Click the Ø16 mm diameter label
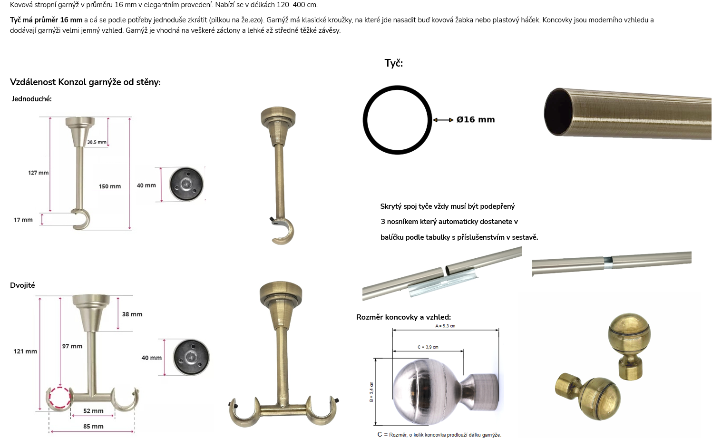476,119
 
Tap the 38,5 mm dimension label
97,142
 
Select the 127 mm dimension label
39,173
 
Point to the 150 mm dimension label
110,186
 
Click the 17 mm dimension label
23,220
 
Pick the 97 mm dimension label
72,346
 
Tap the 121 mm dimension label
25,351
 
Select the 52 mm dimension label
93,411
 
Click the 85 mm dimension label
93,427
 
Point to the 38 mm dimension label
132,314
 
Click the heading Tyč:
393,63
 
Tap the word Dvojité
22,285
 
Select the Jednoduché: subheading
31,99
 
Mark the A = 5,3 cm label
445,326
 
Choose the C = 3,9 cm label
428,347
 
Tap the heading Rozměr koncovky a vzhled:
403,317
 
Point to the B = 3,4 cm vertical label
371,392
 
